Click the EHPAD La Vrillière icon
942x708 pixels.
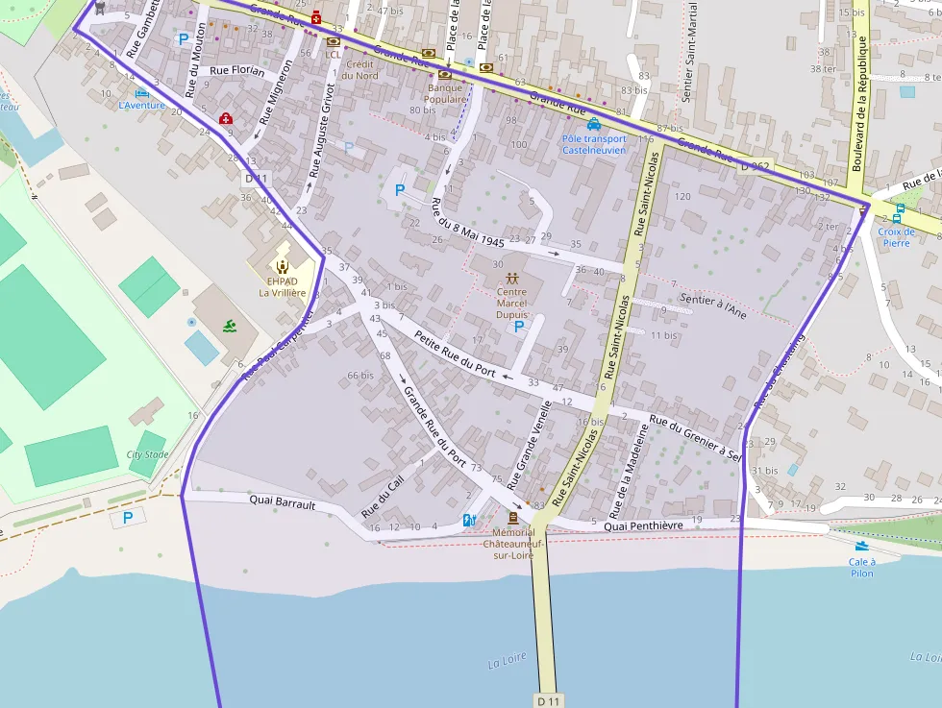(x=283, y=266)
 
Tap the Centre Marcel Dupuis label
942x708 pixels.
(x=511, y=303)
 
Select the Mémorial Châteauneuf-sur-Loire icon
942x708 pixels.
(x=512, y=518)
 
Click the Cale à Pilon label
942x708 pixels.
(x=862, y=567)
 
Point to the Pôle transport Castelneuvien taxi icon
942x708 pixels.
(x=594, y=124)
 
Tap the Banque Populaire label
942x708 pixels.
(x=445, y=93)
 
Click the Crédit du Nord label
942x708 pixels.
(x=359, y=69)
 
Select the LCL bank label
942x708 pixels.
(x=334, y=55)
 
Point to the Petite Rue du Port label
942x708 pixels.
(x=455, y=353)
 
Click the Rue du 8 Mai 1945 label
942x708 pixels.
(x=468, y=224)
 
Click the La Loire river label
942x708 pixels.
(x=508, y=663)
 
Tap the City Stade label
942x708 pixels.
(x=147, y=454)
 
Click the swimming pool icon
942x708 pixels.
(x=229, y=327)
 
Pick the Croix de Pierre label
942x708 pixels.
(x=896, y=236)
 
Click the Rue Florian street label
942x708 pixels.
(x=236, y=70)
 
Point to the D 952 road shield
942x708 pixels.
(x=755, y=165)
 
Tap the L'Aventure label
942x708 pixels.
(x=141, y=105)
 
